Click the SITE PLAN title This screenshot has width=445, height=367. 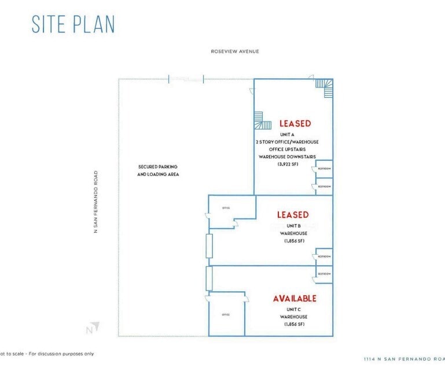coord(73,24)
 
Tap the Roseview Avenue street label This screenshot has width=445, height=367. coord(235,52)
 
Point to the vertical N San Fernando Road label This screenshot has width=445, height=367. coord(96,201)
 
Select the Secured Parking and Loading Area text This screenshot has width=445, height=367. coord(158,170)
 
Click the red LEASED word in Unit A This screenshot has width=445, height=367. coord(295,123)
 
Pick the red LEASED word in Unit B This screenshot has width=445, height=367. coord(292,215)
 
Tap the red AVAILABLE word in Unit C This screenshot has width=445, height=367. coord(295,299)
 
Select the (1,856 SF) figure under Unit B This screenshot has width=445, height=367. coord(293,241)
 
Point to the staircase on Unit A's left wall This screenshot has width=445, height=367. coord(262,120)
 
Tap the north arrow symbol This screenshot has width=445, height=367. coord(93,328)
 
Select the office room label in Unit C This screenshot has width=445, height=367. coord(226,314)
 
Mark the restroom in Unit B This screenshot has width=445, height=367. coord(323,256)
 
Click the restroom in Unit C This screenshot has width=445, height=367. coord(323,274)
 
